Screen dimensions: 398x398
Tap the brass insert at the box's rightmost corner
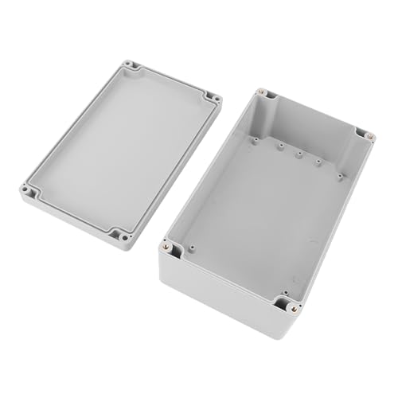pyautogui.click(x=370, y=136)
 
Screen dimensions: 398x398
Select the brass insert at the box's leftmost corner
pyautogui.click(x=166, y=247)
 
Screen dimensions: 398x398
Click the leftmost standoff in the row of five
pyautogui.click(x=255, y=140)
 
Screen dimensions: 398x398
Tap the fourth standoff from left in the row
pyautogui.click(x=318, y=162)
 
